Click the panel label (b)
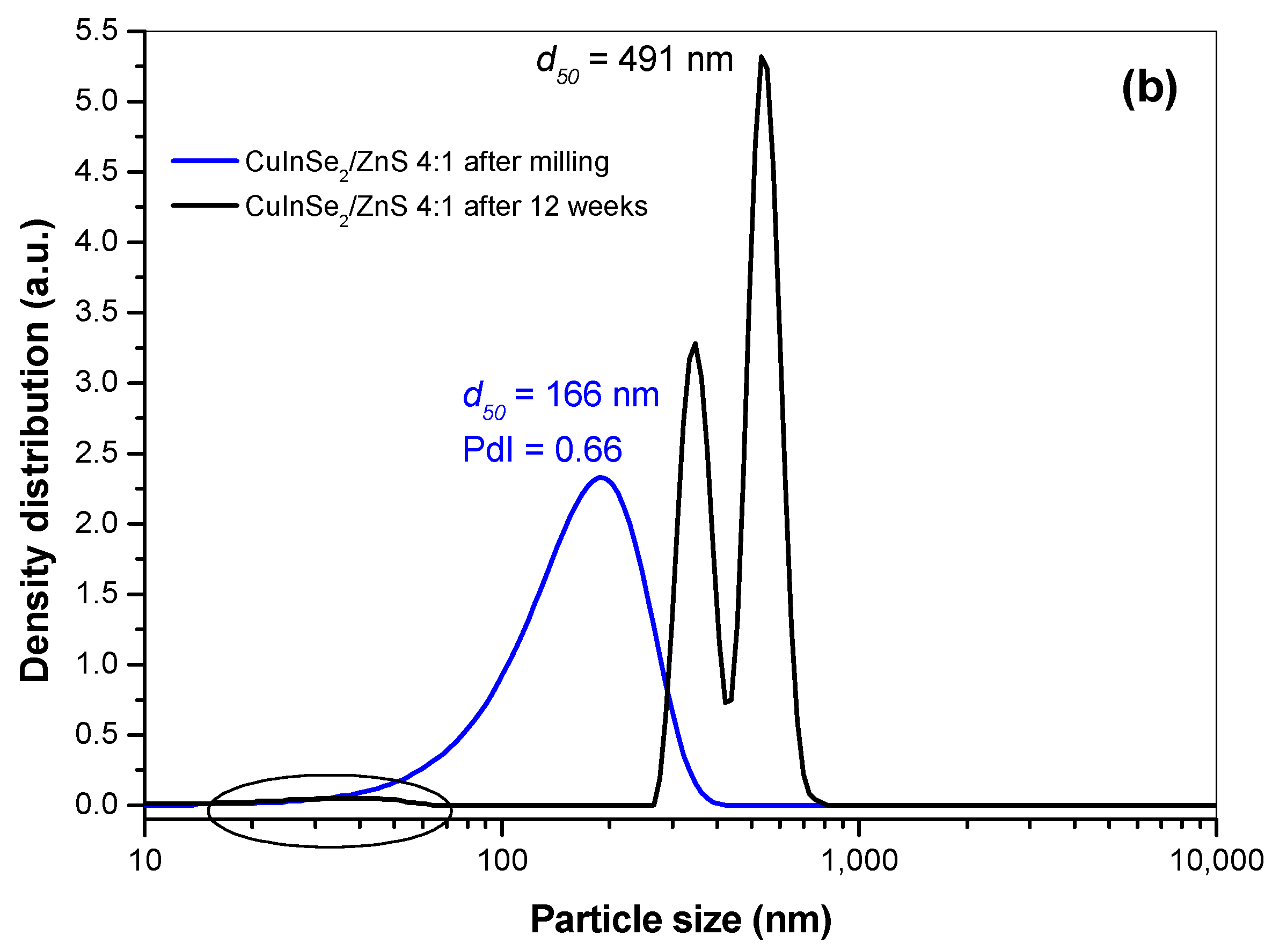[1149, 87]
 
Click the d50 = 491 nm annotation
[634, 61]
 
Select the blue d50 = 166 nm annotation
[561, 397]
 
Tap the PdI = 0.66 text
[542, 450]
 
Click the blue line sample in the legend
[204, 161]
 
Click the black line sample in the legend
[204, 205]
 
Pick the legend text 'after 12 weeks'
[555, 206]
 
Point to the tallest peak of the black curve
[762, 57]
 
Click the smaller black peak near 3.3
[695, 345]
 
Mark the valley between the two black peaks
[727, 701]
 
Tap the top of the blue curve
[601, 477]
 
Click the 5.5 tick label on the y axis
[97, 30]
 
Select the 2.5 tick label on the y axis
[97, 453]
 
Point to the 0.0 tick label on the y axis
[97, 804]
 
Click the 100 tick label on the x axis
[502, 861]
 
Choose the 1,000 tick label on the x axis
[859, 861]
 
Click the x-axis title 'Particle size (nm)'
[681, 919]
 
